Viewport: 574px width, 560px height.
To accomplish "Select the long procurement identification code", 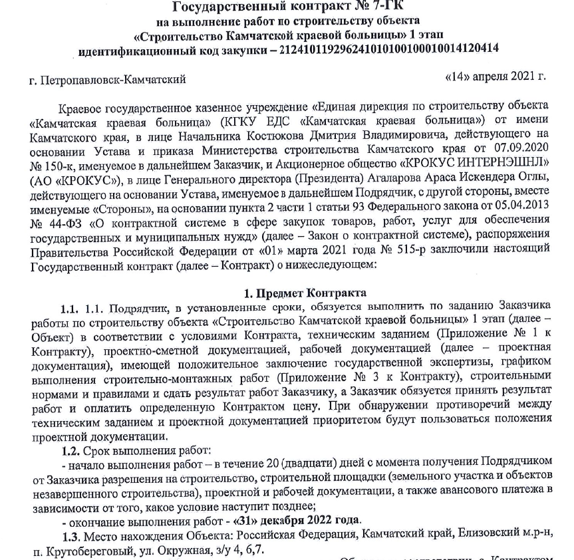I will pos(390,50).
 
